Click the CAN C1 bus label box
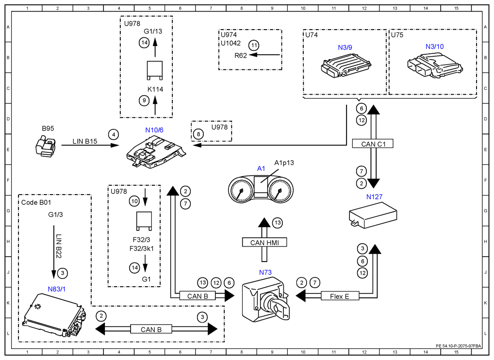point(373,144)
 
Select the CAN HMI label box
point(264,242)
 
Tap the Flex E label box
point(340,296)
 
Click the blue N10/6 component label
point(154,130)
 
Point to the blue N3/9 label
point(345,48)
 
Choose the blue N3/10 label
point(434,47)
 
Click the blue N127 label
point(374,197)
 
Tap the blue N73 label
point(265,273)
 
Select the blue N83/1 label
point(57,289)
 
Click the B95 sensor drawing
point(46,147)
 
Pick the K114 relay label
point(155,89)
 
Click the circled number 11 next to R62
point(254,45)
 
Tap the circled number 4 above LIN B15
point(114,134)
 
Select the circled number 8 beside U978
point(198,134)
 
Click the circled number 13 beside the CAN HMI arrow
point(277,223)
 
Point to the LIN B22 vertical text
point(59,246)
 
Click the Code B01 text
point(36,202)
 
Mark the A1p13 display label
point(284,163)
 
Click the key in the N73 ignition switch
point(280,308)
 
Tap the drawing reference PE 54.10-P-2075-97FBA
point(459,346)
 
